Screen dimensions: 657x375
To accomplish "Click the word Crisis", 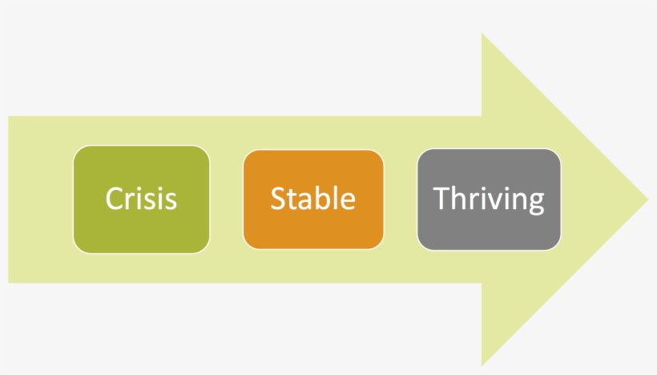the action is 141,198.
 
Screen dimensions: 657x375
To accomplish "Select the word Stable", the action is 313,198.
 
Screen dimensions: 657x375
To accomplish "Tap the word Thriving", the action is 489,200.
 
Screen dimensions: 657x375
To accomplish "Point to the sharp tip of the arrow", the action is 647,200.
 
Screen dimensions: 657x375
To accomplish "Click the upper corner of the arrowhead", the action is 482,33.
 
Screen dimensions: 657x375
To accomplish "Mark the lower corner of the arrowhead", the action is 482,366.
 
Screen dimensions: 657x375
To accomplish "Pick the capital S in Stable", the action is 278,199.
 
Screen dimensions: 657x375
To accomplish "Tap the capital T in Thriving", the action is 441,198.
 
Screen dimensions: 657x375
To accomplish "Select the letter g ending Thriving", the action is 536,204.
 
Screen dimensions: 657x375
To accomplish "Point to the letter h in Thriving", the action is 460,198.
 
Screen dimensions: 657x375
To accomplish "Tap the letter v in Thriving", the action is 497,201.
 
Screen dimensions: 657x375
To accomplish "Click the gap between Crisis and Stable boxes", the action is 227,200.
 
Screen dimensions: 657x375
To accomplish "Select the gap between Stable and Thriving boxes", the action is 401,200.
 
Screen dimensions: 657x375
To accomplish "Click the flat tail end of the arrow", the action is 8,200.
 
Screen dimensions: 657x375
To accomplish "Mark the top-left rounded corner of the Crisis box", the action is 79,151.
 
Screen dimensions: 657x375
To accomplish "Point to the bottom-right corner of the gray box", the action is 556,245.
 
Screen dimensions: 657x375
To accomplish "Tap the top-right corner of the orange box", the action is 379,155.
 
